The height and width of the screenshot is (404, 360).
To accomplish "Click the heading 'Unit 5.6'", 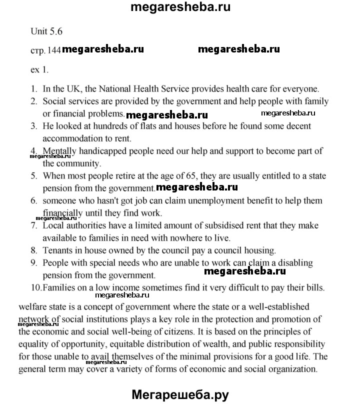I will click(46, 31).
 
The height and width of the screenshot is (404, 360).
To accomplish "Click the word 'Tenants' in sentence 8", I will click(58, 250).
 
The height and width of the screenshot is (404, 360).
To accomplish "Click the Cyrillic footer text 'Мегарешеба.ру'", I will click(180, 394).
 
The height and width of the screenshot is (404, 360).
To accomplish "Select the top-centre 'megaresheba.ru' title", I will click(180, 8).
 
